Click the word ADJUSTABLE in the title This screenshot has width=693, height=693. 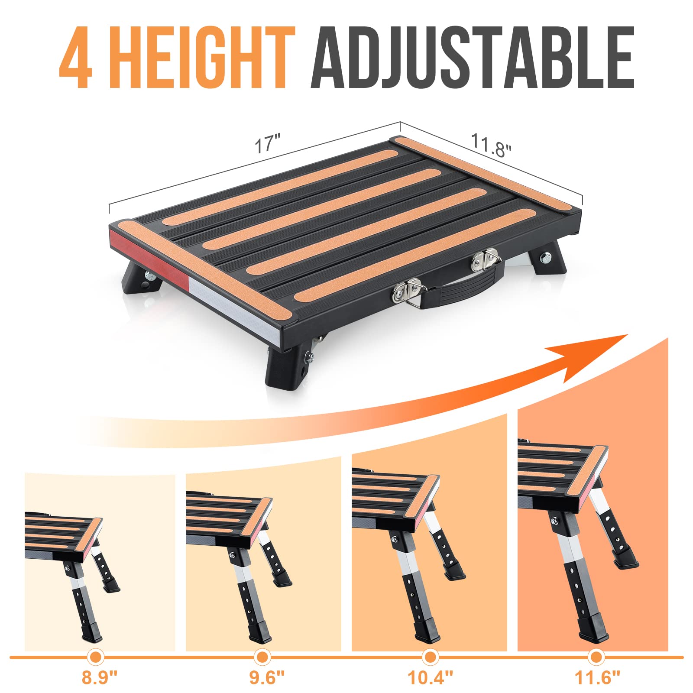click(472, 58)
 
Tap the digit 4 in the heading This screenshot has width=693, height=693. click(76, 58)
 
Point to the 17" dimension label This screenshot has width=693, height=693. click(267, 144)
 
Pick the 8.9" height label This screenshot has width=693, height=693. click(100, 677)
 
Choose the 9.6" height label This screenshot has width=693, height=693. click(267, 677)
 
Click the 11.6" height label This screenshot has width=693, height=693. click(597, 677)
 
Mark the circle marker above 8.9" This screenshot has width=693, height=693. click(96, 657)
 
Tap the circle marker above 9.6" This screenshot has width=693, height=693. click(261, 657)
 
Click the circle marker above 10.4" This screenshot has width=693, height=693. click(430, 657)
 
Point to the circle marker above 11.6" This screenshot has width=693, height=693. click(596, 657)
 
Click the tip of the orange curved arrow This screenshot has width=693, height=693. click(626, 335)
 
